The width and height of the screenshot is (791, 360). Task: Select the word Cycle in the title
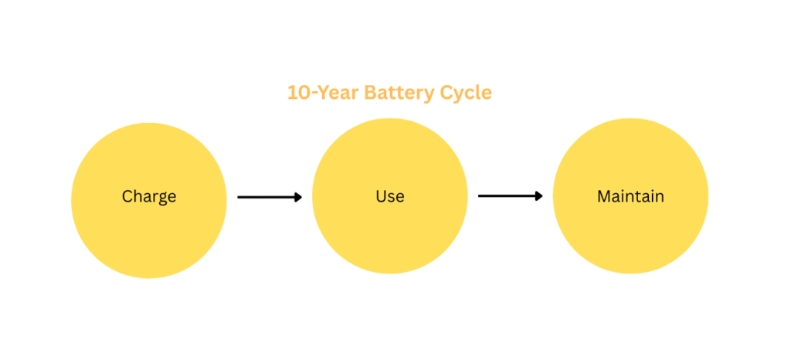pyautogui.click(x=466, y=93)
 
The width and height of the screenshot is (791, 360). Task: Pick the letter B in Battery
pyautogui.click(x=370, y=93)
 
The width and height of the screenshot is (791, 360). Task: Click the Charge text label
pyautogui.click(x=149, y=197)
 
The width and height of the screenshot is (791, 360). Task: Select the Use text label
pyautogui.click(x=390, y=195)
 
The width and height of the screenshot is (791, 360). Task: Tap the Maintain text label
pyautogui.click(x=630, y=195)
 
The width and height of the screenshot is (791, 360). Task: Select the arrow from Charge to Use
pyautogui.click(x=270, y=197)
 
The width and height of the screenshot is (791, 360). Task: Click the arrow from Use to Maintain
pyautogui.click(x=510, y=195)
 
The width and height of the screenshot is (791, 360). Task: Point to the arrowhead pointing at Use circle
pyautogui.click(x=299, y=197)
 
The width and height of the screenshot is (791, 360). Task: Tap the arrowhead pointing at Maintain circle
pyautogui.click(x=539, y=195)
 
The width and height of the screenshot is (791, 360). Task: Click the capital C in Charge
pyautogui.click(x=127, y=195)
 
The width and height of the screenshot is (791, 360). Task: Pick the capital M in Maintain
pyautogui.click(x=604, y=195)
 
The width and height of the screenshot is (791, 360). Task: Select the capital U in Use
pyautogui.click(x=381, y=195)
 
